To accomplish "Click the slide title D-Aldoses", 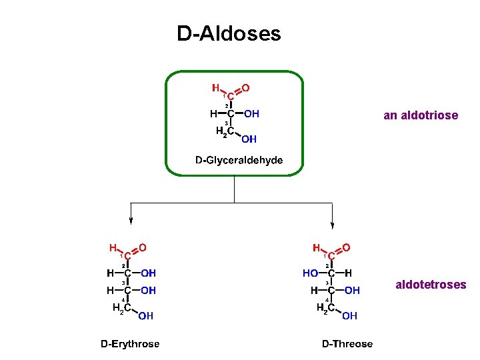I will point(229,33).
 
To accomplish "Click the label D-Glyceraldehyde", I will point(239,160).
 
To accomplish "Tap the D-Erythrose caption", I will point(130,344).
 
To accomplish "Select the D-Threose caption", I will point(347,344).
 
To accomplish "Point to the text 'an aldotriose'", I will point(421,115).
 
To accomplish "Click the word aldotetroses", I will point(431,285).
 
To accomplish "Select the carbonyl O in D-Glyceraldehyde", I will point(246,87).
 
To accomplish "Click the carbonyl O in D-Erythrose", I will point(143,247).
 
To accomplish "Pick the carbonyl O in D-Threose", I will point(346,247).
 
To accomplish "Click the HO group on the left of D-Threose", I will point(310,273).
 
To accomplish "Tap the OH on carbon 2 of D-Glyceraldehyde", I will point(251,114).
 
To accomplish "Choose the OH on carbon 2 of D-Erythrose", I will point(149,273).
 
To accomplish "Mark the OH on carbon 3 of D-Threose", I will point(352,291).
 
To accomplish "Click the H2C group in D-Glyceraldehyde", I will point(225,132).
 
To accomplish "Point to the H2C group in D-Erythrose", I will point(121,308).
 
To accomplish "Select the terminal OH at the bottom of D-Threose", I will point(350,316).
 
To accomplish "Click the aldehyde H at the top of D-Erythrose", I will point(113,247).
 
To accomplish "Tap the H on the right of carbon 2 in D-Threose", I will point(349,273).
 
